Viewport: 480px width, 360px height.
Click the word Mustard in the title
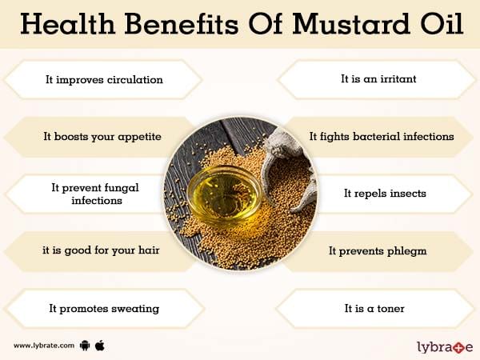click(x=351, y=23)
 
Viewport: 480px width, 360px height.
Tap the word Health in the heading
click(x=68, y=23)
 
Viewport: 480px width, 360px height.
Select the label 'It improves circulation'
click(x=104, y=79)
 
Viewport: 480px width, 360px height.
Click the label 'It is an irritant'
click(x=378, y=78)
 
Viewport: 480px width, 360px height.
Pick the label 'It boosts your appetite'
click(x=102, y=137)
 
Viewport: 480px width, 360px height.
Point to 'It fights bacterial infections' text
click(x=382, y=136)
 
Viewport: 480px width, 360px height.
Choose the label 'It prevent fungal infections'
click(x=95, y=194)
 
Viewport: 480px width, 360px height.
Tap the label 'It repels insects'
click(x=385, y=194)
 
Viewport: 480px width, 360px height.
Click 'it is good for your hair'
click(x=101, y=250)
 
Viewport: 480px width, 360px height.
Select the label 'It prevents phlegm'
click(x=378, y=251)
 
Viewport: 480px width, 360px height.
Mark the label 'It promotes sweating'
click(x=104, y=309)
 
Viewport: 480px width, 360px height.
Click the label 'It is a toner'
click(x=374, y=308)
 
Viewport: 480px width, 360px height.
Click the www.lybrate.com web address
click(x=44, y=346)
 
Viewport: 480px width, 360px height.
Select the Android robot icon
click(x=85, y=346)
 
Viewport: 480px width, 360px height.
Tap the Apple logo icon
click(x=100, y=346)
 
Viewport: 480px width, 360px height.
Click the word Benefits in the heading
click(x=182, y=23)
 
